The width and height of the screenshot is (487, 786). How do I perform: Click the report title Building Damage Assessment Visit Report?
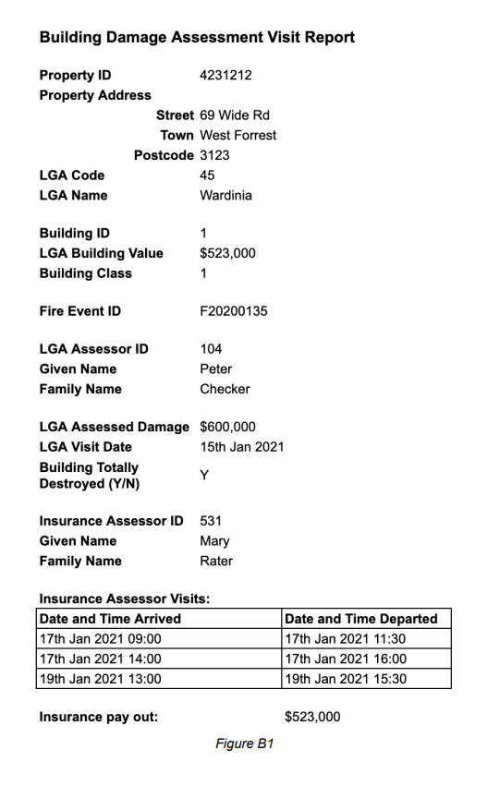point(197,38)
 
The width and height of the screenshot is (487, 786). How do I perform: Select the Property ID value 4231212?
point(225,76)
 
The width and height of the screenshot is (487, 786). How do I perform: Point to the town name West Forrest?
point(237,135)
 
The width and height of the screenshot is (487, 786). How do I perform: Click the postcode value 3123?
point(214,155)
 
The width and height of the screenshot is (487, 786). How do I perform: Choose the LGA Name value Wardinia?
point(225,195)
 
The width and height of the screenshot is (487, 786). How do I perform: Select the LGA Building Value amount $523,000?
point(227,253)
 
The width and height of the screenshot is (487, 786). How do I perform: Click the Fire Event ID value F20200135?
point(234,311)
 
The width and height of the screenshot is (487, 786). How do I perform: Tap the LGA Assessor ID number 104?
point(211,349)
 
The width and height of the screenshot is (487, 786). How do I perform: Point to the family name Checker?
point(225,389)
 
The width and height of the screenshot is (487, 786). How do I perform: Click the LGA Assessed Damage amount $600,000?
point(227,427)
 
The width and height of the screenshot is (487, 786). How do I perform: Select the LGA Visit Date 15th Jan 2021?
point(242,447)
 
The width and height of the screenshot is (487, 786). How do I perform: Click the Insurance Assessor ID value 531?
point(211,521)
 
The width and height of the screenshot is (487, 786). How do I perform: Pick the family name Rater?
point(216,561)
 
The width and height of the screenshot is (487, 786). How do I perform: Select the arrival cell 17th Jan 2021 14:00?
point(100,659)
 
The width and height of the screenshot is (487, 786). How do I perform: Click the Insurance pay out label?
point(99,717)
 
